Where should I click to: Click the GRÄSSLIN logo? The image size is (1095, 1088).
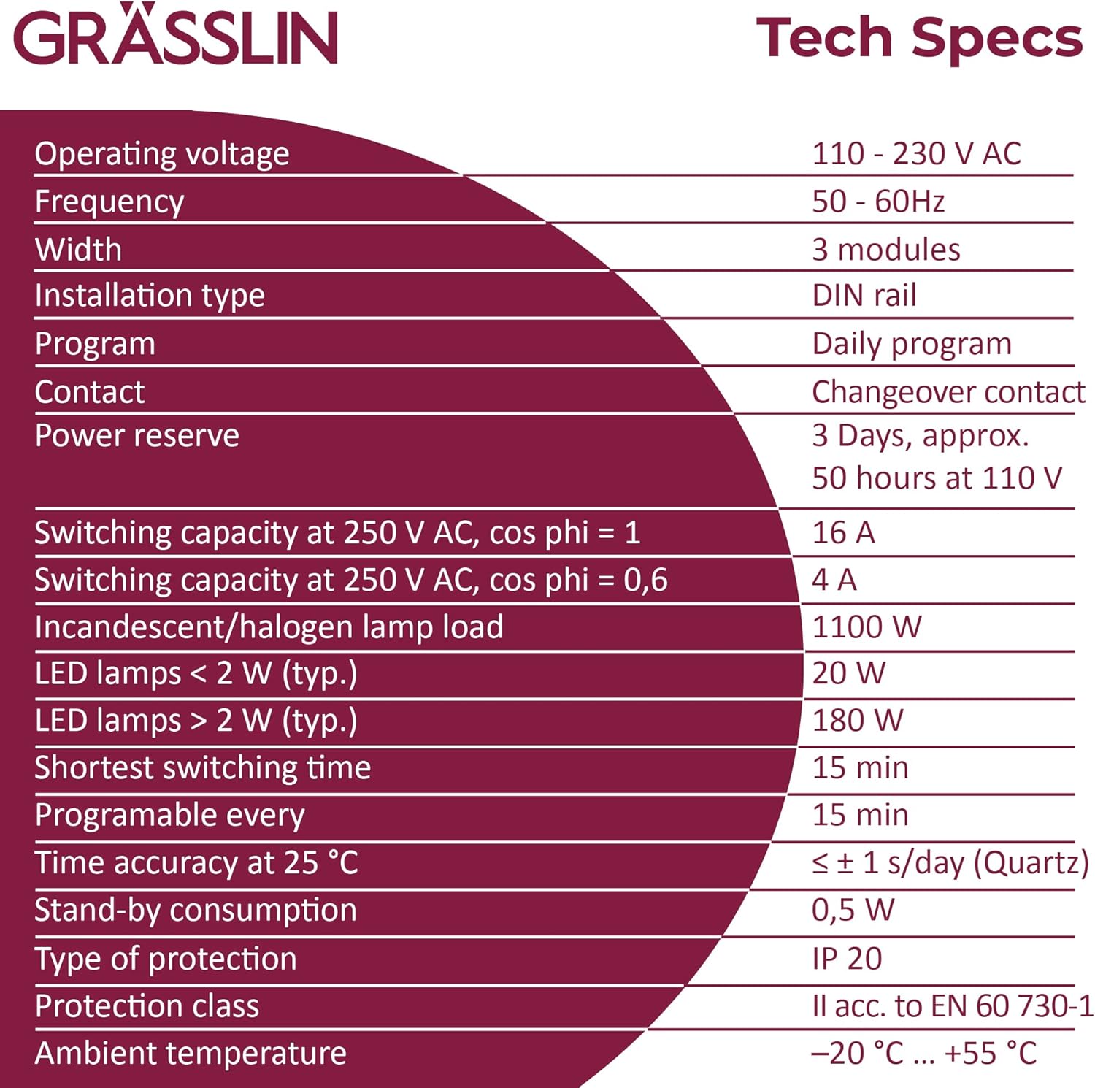click(175, 37)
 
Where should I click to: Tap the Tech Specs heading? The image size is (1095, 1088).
click(918, 38)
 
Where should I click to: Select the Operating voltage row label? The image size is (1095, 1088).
click(162, 154)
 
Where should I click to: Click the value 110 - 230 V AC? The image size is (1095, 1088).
click(916, 154)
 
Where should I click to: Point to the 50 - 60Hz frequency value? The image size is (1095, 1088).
click(878, 202)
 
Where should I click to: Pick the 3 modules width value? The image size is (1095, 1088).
click(885, 250)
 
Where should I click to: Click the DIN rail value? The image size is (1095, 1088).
click(864, 296)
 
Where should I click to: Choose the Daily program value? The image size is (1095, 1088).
click(912, 344)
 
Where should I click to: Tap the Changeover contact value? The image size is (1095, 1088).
click(948, 392)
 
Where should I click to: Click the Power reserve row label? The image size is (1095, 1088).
click(137, 436)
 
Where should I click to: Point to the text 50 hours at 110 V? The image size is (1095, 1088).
click(937, 478)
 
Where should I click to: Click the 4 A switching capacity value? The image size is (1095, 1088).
click(834, 581)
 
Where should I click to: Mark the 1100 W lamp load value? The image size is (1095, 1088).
click(867, 627)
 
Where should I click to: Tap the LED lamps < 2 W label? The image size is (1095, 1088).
click(196, 674)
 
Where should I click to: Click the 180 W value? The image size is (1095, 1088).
click(857, 721)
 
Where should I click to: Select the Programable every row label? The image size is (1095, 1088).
click(169, 816)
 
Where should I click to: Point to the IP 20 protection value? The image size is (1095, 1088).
click(847, 959)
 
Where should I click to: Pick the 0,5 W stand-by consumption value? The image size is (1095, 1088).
click(853, 911)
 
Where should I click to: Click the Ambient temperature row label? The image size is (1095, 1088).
click(191, 1054)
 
